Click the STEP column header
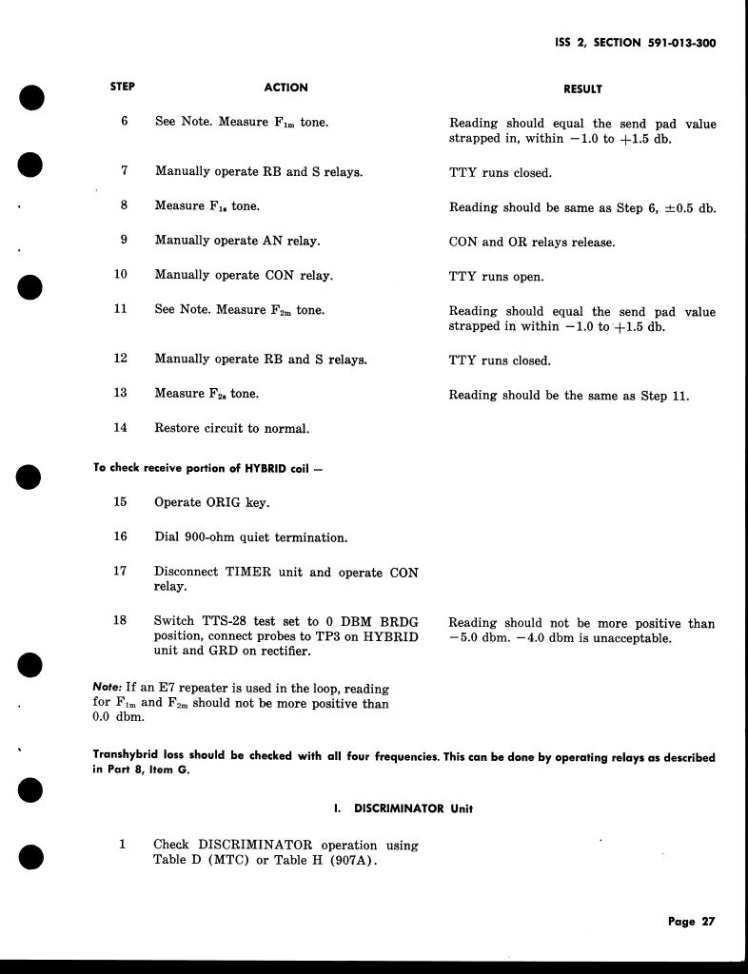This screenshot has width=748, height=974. pos(123,87)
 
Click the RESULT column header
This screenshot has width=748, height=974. pos(582,88)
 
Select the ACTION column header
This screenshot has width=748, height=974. pos(285,88)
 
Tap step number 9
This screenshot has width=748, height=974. pos(123,241)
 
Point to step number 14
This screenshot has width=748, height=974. pos(121,428)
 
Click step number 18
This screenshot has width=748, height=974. pos(121,621)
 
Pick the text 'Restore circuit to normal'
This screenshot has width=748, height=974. pos(231,429)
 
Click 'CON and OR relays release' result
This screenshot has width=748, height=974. pos(532,242)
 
